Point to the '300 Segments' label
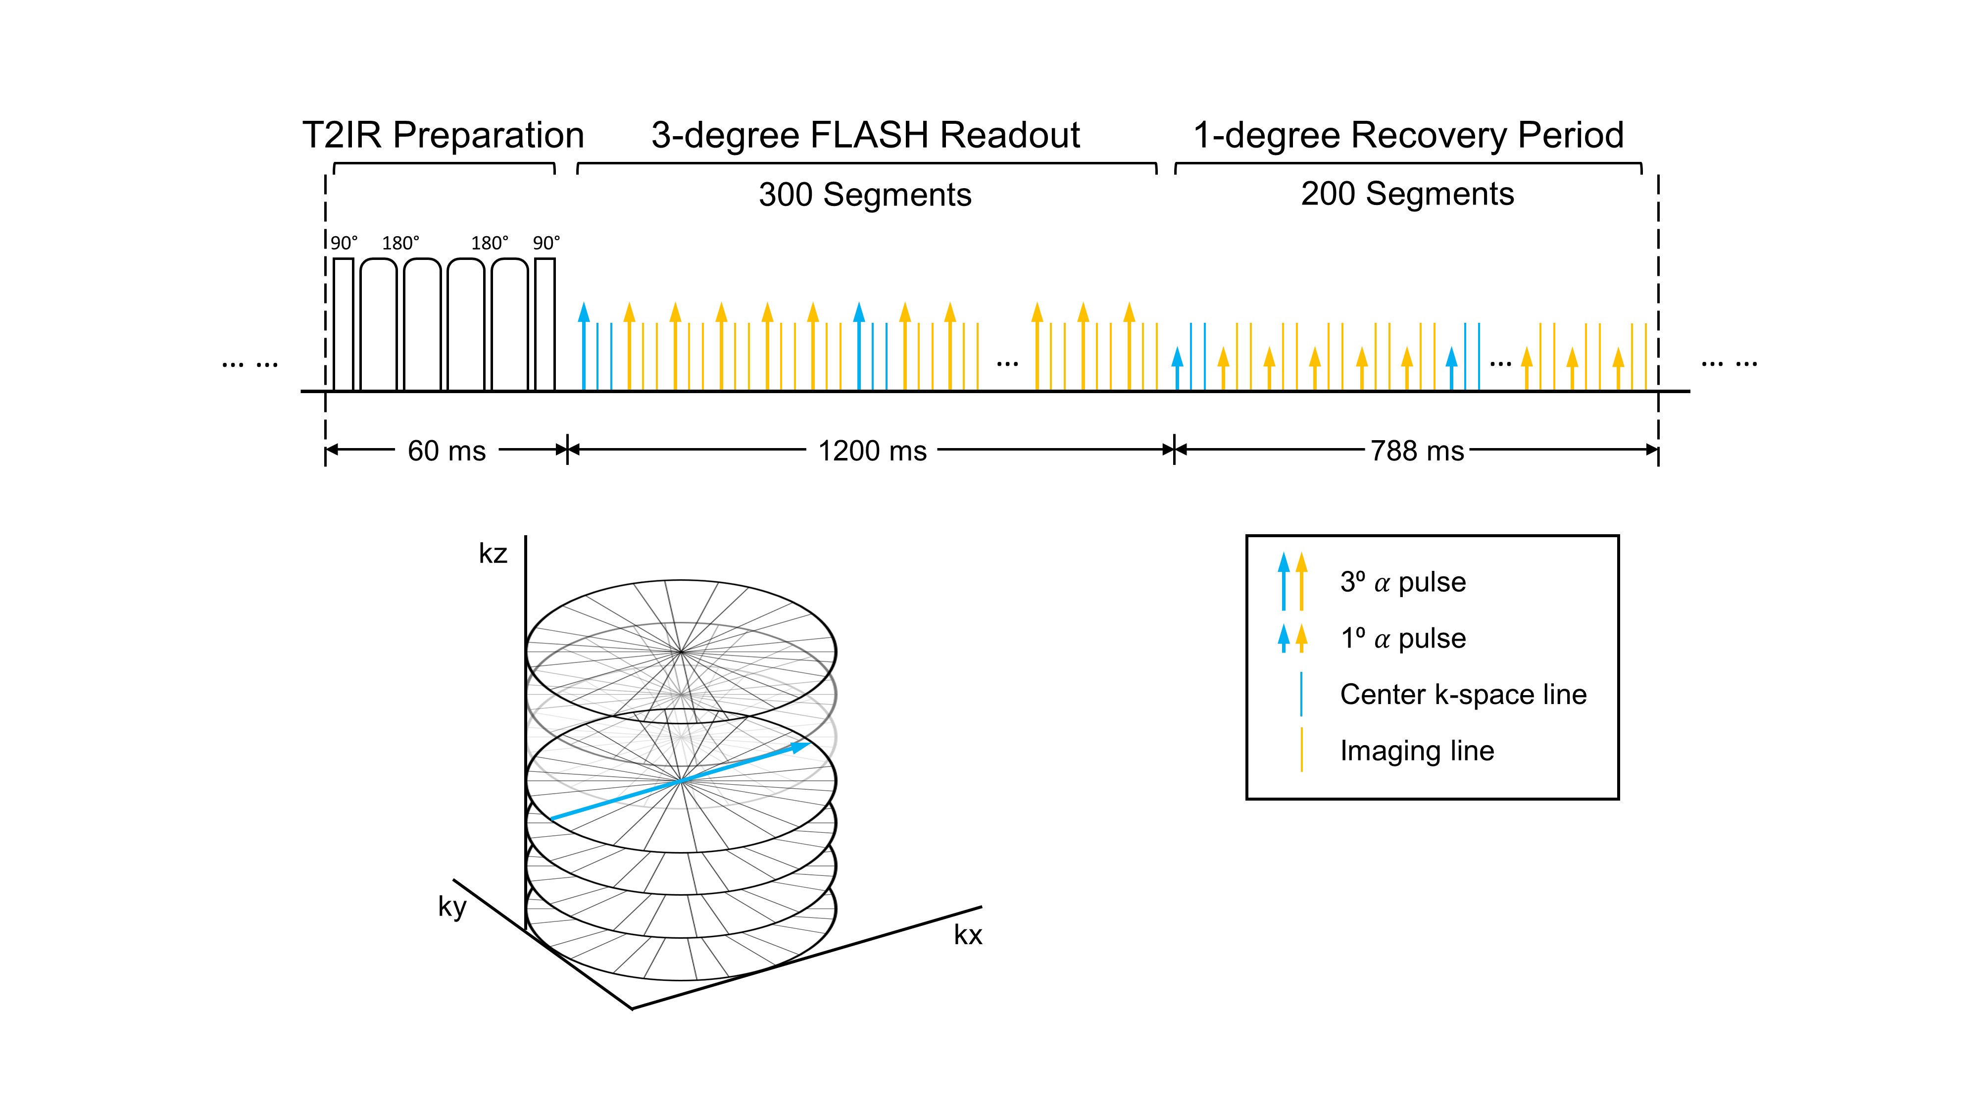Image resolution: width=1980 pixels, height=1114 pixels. [x=865, y=195]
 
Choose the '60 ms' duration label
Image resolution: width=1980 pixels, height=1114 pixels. [x=446, y=451]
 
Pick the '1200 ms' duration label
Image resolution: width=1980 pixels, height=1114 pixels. [x=872, y=451]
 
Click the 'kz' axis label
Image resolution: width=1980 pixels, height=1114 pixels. [x=493, y=554]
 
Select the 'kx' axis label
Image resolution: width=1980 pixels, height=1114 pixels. [x=968, y=935]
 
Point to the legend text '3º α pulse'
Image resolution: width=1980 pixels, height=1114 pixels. [x=1403, y=582]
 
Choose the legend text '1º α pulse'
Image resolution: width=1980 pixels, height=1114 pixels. [x=1403, y=638]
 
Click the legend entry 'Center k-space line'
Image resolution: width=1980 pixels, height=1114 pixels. [x=1463, y=694]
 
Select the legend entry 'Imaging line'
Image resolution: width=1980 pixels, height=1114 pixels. [x=1417, y=751]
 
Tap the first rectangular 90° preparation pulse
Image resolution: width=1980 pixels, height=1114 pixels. [x=344, y=324]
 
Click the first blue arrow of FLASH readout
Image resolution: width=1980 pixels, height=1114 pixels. [x=584, y=346]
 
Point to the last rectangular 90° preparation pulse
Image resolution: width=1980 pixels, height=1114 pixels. [x=545, y=324]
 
